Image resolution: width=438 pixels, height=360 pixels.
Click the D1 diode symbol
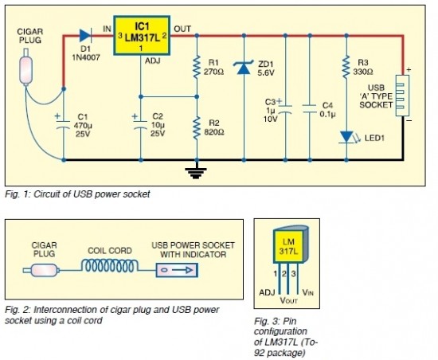pyautogui.click(x=84, y=36)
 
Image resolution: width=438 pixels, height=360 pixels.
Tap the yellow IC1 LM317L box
pyautogui.click(x=142, y=35)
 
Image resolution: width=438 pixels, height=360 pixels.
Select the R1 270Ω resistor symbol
pyautogui.click(x=197, y=66)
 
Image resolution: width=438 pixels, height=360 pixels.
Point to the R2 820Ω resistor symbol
pyautogui.click(x=197, y=128)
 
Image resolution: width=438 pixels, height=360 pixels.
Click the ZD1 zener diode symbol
pyautogui.click(x=244, y=67)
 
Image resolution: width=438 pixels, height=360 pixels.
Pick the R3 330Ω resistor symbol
pyautogui.click(x=346, y=66)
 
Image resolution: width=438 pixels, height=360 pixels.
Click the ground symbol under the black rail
pyautogui.click(x=196, y=173)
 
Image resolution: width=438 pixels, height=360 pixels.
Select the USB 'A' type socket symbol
pyautogui.click(x=402, y=96)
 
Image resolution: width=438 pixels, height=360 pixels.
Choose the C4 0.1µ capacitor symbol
pyautogui.click(x=310, y=109)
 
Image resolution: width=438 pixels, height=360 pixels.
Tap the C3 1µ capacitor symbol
pyautogui.click(x=285, y=108)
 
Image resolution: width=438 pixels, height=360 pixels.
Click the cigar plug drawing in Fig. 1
pyautogui.click(x=26, y=67)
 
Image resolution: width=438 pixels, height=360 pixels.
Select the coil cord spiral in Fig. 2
pyautogui.click(x=110, y=266)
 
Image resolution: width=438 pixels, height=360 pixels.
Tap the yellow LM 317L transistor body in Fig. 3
pyautogui.click(x=288, y=247)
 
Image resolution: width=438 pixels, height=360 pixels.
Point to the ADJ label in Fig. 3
pyautogui.click(x=267, y=292)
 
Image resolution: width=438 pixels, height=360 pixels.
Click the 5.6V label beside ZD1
pyautogui.click(x=266, y=73)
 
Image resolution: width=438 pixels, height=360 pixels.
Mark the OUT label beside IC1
pyautogui.click(x=182, y=29)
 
